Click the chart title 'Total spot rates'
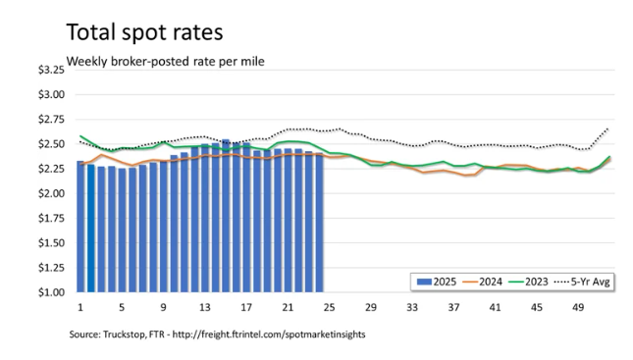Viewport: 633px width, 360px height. (144, 32)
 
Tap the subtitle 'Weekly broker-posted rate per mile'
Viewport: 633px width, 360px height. (166, 62)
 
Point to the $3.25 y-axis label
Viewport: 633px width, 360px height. (51, 70)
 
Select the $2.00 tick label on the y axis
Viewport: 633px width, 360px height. (51, 193)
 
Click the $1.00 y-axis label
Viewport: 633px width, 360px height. (51, 292)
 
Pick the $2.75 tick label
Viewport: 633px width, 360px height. (51, 120)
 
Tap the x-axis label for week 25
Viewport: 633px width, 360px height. (329, 308)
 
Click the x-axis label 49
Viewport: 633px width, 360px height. (578, 308)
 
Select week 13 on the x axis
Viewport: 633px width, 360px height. (205, 308)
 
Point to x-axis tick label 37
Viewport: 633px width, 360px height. (453, 308)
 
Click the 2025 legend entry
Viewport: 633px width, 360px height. (437, 282)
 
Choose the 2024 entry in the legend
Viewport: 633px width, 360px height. (483, 282)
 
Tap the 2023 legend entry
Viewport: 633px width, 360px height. (528, 282)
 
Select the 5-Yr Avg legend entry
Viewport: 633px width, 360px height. (582, 282)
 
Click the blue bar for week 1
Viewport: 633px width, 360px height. (80, 227)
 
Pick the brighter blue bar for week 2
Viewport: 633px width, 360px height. (91, 228)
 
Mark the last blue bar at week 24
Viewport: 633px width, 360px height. (319, 223)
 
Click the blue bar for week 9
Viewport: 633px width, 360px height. (164, 226)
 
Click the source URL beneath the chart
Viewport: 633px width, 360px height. (269, 334)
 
